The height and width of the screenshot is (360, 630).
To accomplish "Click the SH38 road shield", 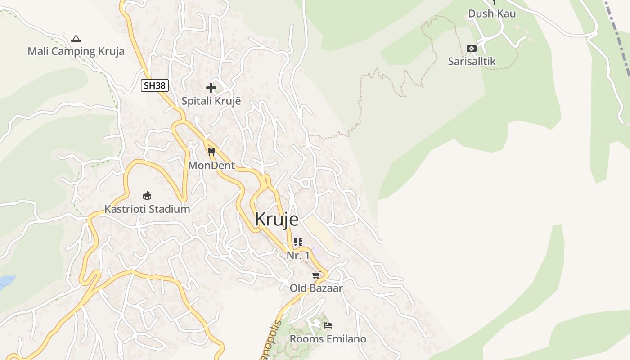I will pos(154,85).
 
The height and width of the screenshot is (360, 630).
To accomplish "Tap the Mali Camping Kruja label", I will pos(76,51).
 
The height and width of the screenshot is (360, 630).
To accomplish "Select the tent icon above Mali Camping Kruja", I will pos(76,38).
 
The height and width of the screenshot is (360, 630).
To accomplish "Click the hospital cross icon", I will pos(211,87).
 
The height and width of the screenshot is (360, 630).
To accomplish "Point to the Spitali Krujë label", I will pos(211,101).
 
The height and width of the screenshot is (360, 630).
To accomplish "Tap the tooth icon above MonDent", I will pos(211,152).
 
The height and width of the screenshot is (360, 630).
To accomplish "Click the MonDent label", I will pos(211,166).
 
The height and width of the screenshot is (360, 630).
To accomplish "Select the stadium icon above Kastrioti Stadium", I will pos(147,195).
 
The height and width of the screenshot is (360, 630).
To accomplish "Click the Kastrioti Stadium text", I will pos(147,209).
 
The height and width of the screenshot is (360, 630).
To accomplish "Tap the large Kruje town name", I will pos(277,219).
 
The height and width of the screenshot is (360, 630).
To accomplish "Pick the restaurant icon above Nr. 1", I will pos(298,242).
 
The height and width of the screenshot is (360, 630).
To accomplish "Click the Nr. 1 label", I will pos(298,256).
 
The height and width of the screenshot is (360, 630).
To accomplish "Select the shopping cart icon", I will pos(316,275).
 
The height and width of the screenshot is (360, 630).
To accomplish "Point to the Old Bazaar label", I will pos(316,288).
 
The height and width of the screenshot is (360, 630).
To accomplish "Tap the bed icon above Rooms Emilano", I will pos(328,325).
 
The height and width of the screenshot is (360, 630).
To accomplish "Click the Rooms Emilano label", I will pos(328,339).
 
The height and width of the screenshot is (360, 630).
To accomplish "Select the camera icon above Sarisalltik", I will pos(472,48).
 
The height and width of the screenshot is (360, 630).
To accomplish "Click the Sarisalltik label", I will pos(472,61).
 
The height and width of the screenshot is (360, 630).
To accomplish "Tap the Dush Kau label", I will pos(492,13).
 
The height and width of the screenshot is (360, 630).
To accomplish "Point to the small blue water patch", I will pos(5,282).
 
